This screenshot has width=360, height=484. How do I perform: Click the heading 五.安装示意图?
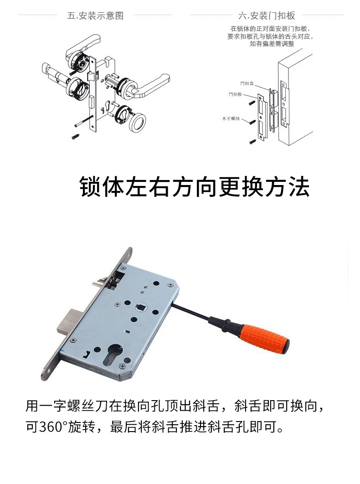click(95, 15)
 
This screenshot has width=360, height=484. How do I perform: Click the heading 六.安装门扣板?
click(267, 15)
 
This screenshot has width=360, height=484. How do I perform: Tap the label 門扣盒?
click(247, 83)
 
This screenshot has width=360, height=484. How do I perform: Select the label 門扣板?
click(235, 94)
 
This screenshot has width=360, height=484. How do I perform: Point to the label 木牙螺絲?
click(231, 118)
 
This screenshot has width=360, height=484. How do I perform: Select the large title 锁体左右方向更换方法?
click(195, 186)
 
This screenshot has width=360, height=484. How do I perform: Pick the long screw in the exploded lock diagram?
click(84, 120)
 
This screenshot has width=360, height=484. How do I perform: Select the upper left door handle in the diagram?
click(82, 46)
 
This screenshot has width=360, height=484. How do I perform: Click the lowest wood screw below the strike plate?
click(253, 142)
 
